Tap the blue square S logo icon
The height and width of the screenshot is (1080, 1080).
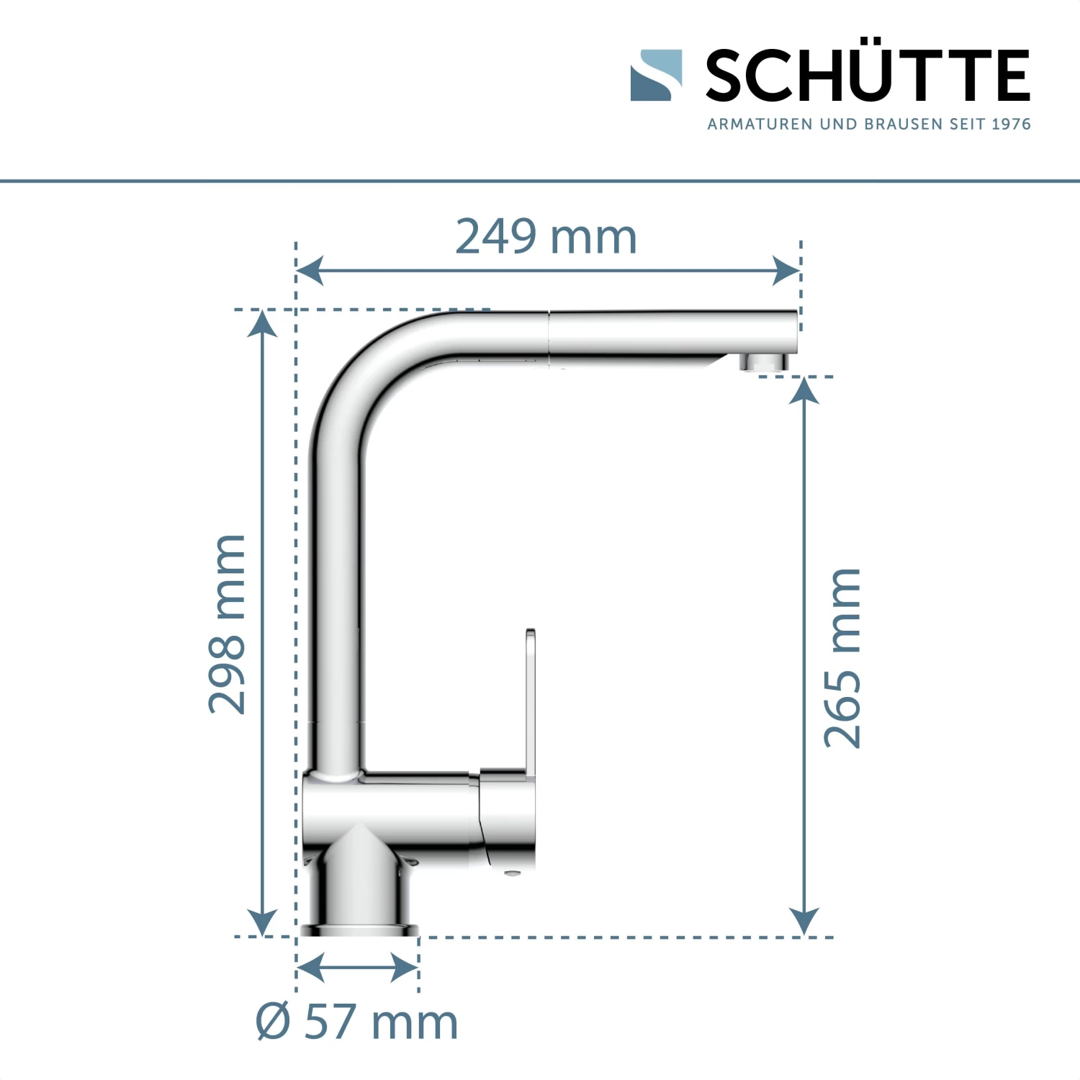pos(656,75)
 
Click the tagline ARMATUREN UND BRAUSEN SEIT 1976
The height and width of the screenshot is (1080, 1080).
pos(868,124)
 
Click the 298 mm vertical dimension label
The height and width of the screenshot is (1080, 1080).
pos(228,624)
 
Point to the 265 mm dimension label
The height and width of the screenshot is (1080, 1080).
pos(842,658)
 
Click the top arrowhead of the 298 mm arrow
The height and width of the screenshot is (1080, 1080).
pos(262,323)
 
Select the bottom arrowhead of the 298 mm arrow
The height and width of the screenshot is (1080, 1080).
pos(262,922)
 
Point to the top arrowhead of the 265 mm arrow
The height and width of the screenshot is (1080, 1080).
pos(804,391)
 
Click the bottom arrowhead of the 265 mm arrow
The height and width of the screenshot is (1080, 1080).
pos(804,922)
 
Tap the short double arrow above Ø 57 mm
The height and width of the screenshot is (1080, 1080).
pos(357,967)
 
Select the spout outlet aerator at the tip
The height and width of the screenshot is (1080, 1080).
pos(765,362)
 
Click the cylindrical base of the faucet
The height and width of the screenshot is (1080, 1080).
pos(359,893)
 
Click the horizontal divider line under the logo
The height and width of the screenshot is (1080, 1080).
pos(540,181)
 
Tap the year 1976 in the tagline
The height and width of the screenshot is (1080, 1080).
pos(1011,124)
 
